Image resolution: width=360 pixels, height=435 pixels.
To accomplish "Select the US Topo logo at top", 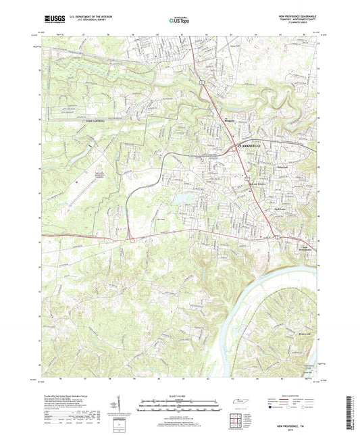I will (179, 20).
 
